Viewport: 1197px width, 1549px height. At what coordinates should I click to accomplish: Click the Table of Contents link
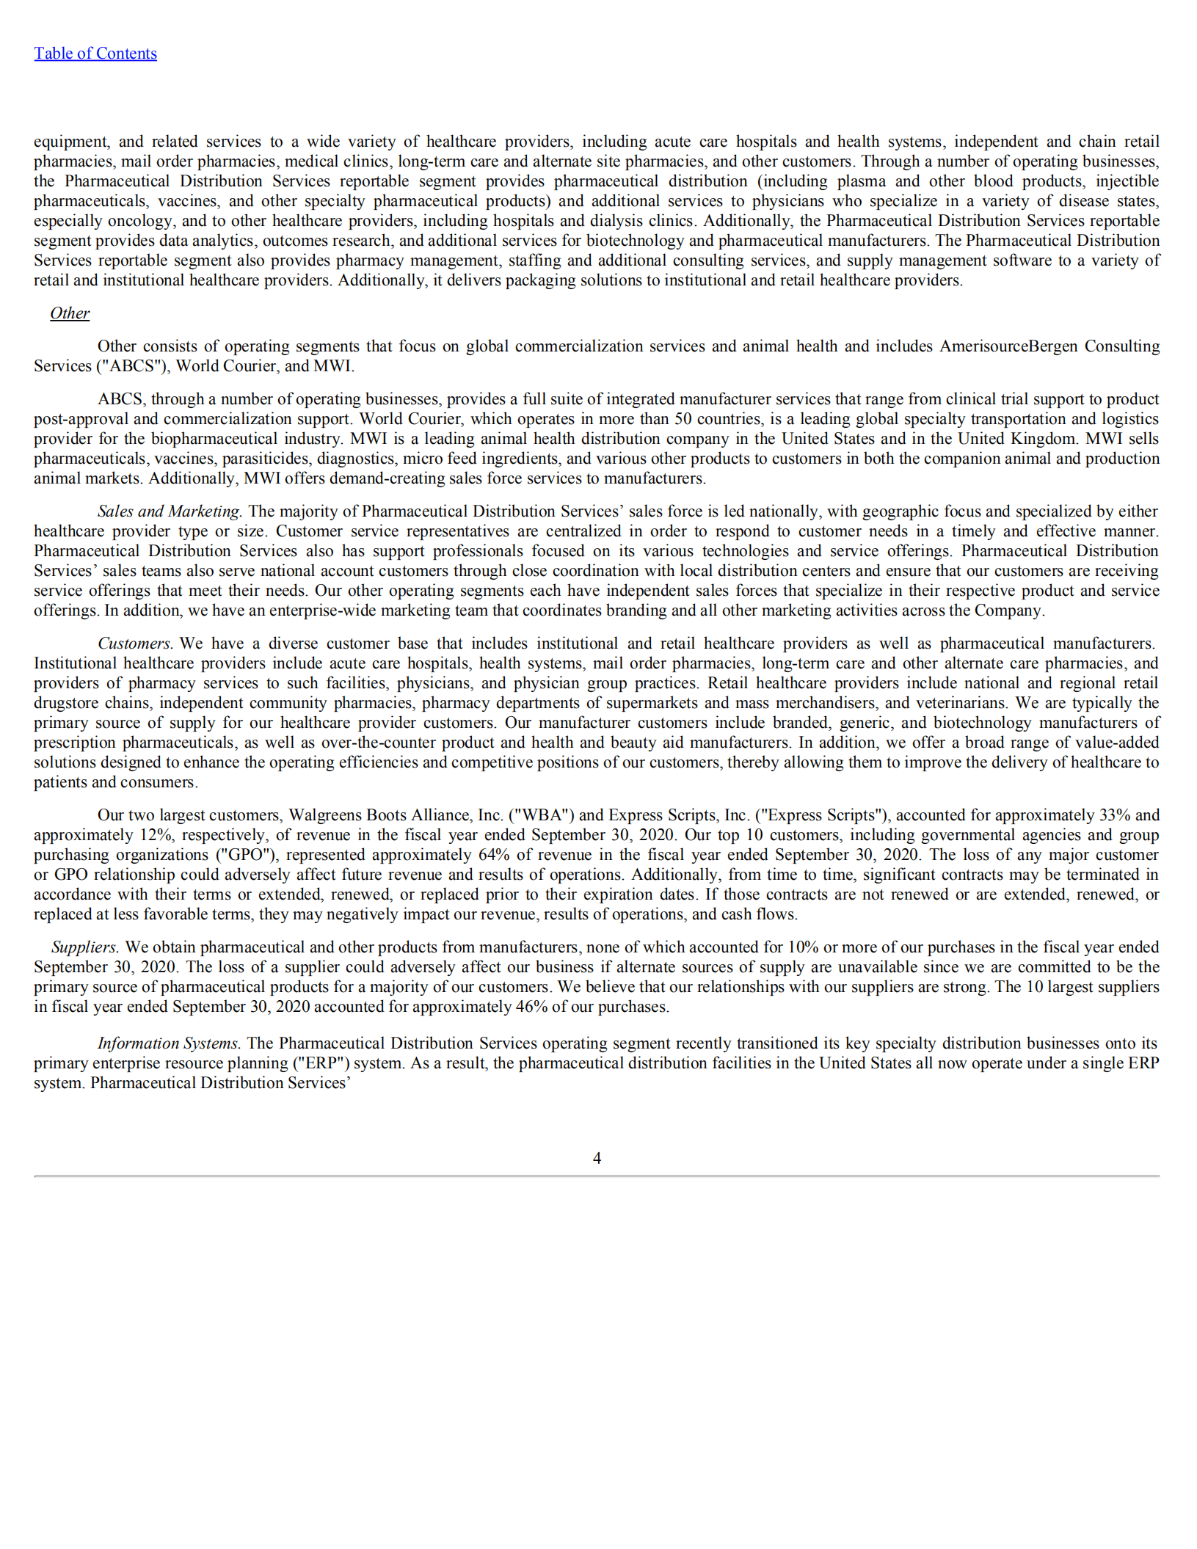pyautogui.click(x=95, y=54)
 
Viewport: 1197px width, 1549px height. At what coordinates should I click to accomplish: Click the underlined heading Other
pyautogui.click(x=70, y=313)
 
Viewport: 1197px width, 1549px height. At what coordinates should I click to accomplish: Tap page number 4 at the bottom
pyautogui.click(x=597, y=1157)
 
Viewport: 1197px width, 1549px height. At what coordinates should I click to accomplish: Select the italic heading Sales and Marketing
pyautogui.click(x=169, y=511)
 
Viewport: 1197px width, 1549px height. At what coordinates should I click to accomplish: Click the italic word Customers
pyautogui.click(x=134, y=644)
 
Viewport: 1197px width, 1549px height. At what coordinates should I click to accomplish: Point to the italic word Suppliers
pyautogui.click(x=84, y=947)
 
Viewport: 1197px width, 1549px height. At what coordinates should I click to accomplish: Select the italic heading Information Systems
pyautogui.click(x=168, y=1043)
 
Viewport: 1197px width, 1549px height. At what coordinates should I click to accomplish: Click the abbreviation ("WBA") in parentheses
pyautogui.click(x=542, y=815)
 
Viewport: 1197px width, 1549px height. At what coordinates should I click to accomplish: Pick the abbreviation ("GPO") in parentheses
pyautogui.click(x=244, y=855)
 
